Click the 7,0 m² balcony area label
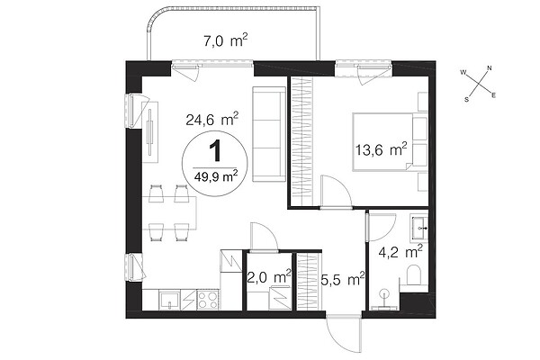click(x=226, y=40)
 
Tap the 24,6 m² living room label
click(x=211, y=119)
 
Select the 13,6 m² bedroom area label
click(x=382, y=149)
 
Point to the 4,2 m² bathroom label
click(x=400, y=252)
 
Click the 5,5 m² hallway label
click(x=343, y=279)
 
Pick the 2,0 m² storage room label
click(x=269, y=276)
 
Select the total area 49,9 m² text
click(x=216, y=176)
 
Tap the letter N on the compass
click(x=490, y=68)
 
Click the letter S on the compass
click(x=466, y=100)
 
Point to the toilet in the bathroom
click(x=414, y=274)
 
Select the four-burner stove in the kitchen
click(x=208, y=300)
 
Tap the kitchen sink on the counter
click(x=169, y=301)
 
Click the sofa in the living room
click(x=269, y=134)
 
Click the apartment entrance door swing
click(x=344, y=332)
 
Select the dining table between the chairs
click(x=169, y=213)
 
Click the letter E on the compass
click(x=493, y=95)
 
